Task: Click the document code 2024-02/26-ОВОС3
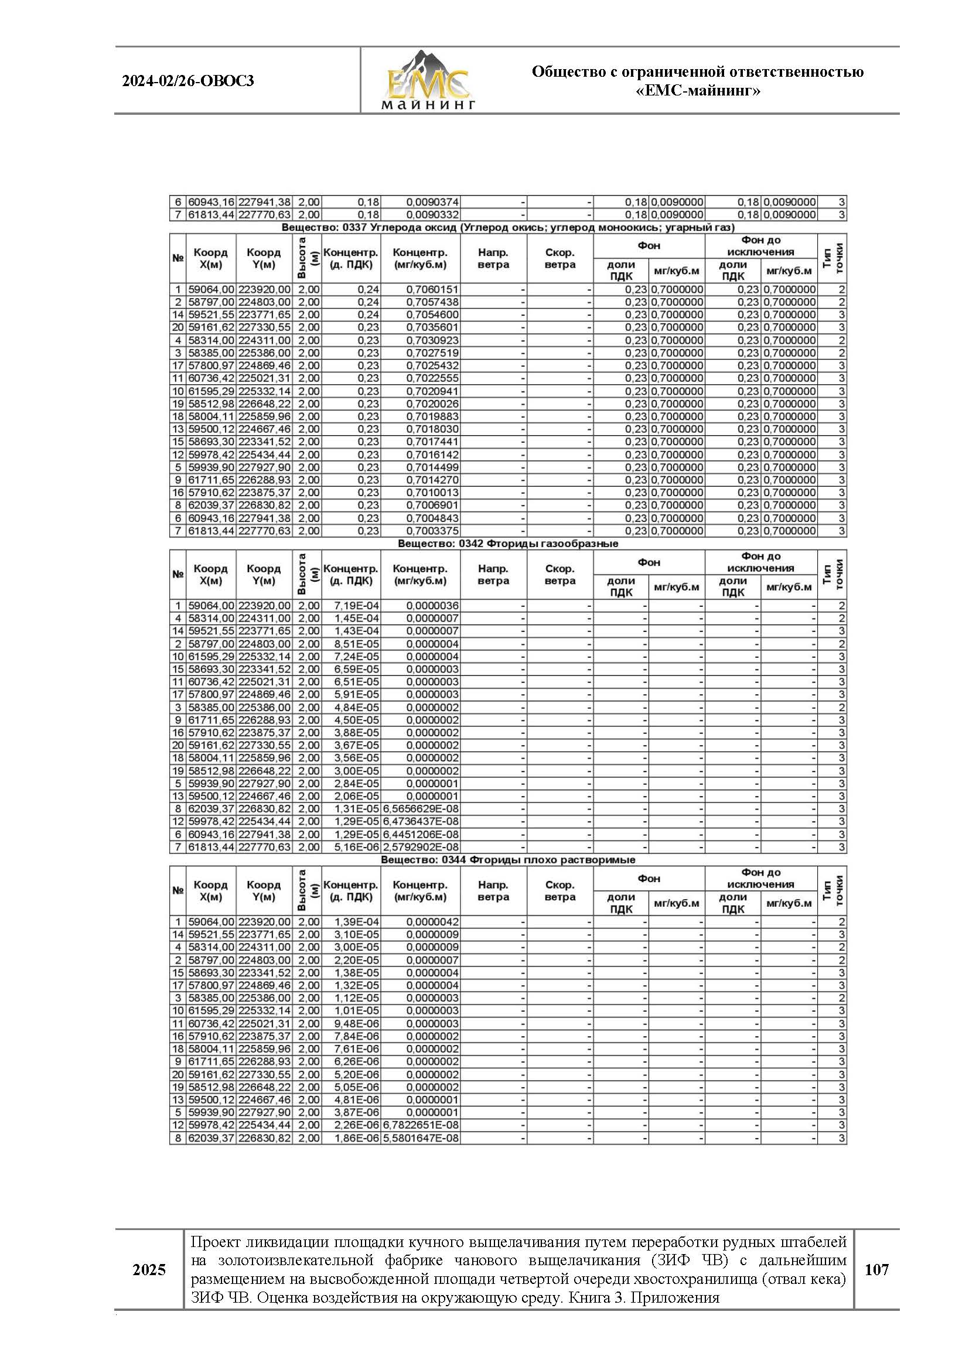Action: click(x=188, y=81)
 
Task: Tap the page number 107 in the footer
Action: click(x=876, y=1269)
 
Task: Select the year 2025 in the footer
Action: click(x=149, y=1270)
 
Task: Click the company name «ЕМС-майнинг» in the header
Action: click(x=698, y=91)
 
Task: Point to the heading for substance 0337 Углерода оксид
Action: click(x=508, y=227)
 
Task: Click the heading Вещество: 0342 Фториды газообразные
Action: click(x=508, y=544)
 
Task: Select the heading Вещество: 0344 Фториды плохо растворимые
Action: click(x=508, y=859)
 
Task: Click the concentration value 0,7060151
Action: click(x=432, y=289)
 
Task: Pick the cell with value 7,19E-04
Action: click(x=357, y=606)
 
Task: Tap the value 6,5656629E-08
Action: click(x=421, y=809)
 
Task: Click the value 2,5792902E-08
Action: click(x=421, y=847)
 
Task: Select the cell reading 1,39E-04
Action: click(x=357, y=921)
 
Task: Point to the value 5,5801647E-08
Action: click(x=421, y=1138)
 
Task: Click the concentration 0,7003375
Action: click(x=432, y=531)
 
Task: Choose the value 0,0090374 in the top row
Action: click(x=432, y=202)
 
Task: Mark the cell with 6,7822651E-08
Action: click(x=421, y=1125)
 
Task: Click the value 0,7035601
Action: click(x=432, y=327)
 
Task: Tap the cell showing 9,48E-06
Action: click(x=357, y=1024)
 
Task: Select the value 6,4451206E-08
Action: click(x=421, y=835)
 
